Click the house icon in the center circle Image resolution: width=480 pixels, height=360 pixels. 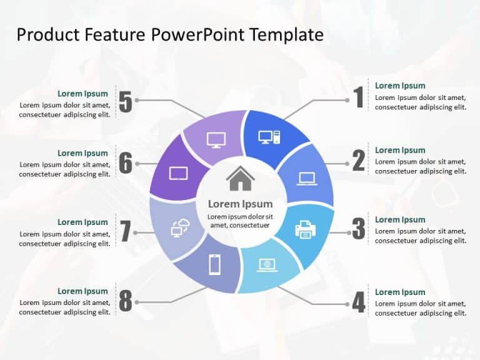241,179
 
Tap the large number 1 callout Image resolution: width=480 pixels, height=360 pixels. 358,98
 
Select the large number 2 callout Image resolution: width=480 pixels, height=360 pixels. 358,161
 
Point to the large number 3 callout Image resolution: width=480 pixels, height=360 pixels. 358,229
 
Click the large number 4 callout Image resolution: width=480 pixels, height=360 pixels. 358,302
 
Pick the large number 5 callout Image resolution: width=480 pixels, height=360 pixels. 126,102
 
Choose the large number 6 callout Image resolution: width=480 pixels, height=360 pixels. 126,163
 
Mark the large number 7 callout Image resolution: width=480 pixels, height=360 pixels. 126,231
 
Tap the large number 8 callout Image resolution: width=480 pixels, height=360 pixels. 126,301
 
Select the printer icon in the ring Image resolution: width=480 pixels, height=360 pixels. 305,229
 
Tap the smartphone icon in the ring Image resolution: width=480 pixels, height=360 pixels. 214,265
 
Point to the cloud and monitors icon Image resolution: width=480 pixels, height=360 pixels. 179,229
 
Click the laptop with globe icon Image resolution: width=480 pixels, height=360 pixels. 267,265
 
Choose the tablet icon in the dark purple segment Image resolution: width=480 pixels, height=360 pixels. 179,173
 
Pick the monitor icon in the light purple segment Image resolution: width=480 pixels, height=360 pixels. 216,139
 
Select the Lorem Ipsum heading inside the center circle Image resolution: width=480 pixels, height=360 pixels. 240,204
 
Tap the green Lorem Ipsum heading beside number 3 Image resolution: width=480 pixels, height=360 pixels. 400,219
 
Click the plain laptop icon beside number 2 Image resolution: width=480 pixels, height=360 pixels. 307,179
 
